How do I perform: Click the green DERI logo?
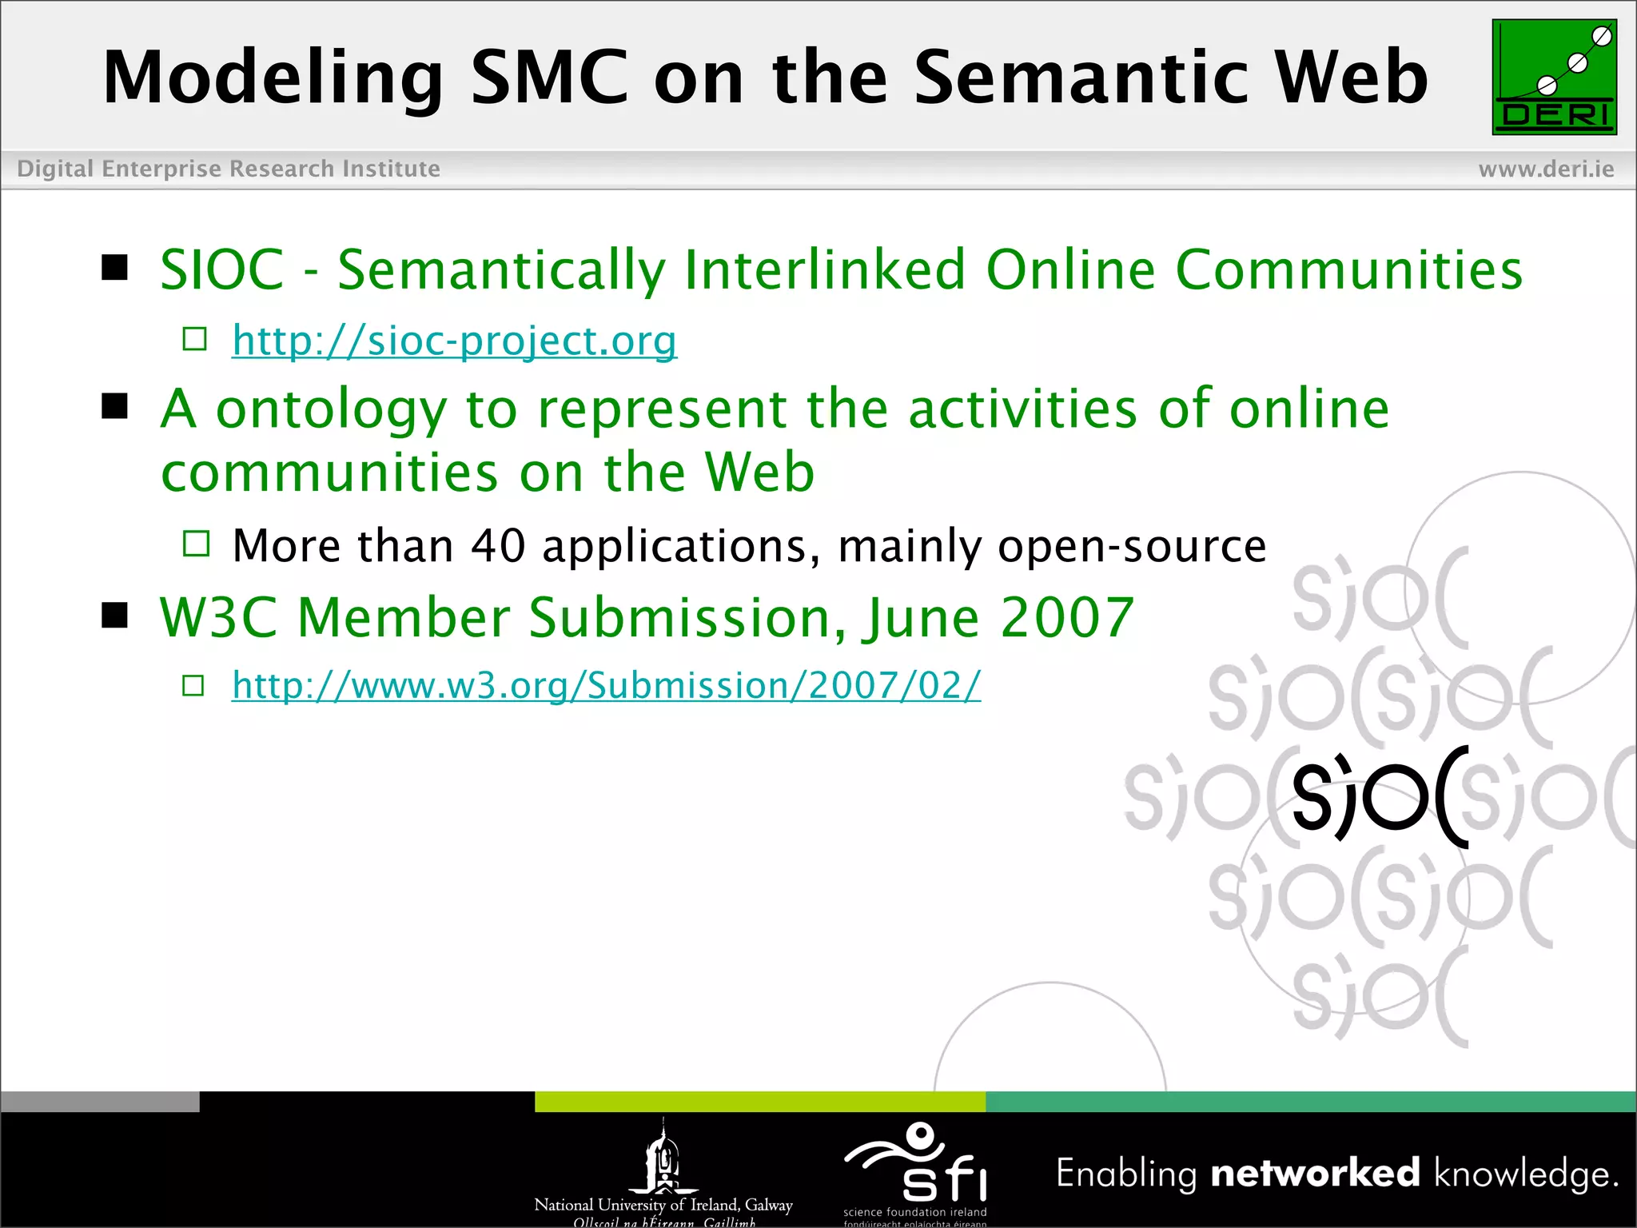pyautogui.click(x=1554, y=78)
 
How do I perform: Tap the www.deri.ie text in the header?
pyautogui.click(x=1546, y=169)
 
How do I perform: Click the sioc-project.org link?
pyautogui.click(x=454, y=341)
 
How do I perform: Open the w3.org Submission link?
pyautogui.click(x=606, y=686)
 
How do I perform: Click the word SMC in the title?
pyautogui.click(x=549, y=78)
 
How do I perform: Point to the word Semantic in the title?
pyautogui.click(x=1081, y=78)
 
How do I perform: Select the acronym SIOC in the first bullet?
pyautogui.click(x=222, y=270)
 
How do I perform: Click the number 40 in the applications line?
pyautogui.click(x=497, y=546)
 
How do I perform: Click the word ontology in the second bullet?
pyautogui.click(x=331, y=411)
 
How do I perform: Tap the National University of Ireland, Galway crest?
pyautogui.click(x=663, y=1158)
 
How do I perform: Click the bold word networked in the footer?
pyautogui.click(x=1315, y=1173)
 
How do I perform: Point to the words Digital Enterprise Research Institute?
pyautogui.click(x=229, y=169)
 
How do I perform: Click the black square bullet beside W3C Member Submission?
pyautogui.click(x=115, y=616)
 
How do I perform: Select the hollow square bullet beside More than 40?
pyautogui.click(x=196, y=544)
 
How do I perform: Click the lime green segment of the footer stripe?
pyautogui.click(x=759, y=1102)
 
